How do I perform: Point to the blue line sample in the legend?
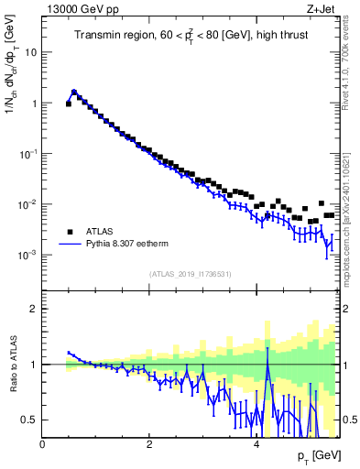point(70,245)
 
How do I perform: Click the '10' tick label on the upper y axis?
point(30,52)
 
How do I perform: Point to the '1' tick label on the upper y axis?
point(34,104)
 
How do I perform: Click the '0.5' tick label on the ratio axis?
point(29,420)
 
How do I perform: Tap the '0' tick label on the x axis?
point(43,443)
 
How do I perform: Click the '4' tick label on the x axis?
point(256,443)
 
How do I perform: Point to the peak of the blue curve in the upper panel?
point(74,92)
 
